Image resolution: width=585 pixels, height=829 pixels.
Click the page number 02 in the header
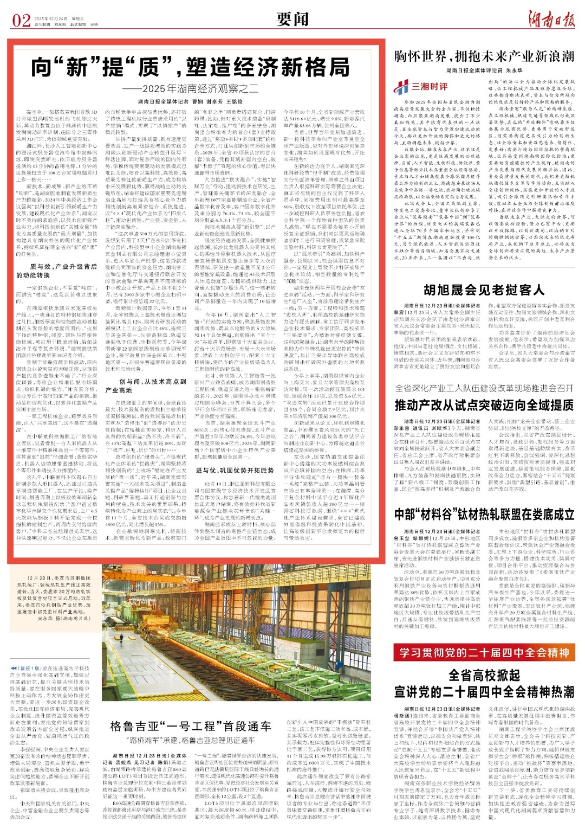click(21, 20)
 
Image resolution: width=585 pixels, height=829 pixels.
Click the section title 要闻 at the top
click(292, 20)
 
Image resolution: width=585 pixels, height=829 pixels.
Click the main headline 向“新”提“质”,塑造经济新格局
click(190, 67)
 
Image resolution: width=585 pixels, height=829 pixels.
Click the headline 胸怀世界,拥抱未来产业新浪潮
click(484, 56)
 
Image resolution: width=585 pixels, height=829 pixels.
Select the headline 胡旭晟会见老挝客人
click(484, 290)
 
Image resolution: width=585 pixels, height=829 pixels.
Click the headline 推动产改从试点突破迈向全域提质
click(484, 405)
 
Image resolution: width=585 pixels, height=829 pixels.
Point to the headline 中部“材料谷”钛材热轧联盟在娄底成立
click(484, 515)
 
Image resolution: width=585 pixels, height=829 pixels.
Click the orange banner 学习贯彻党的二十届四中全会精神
click(484, 652)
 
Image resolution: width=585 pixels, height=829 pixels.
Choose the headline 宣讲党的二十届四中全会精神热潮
click(484, 692)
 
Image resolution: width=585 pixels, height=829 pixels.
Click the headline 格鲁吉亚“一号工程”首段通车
click(191, 727)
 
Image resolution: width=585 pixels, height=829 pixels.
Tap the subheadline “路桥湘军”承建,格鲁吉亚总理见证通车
click(191, 740)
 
